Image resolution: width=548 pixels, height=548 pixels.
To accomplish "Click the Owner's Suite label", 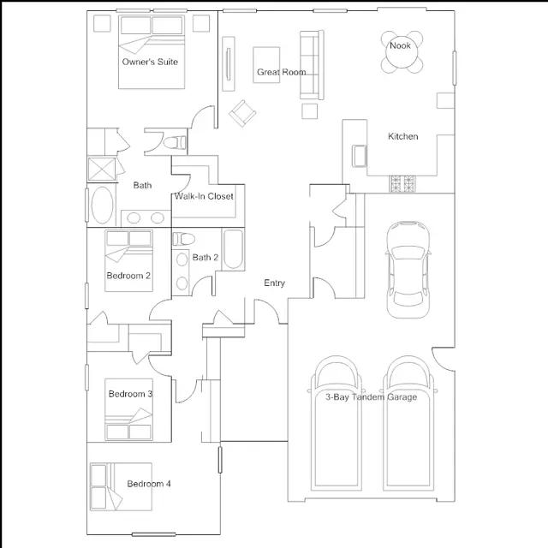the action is click(x=150, y=62).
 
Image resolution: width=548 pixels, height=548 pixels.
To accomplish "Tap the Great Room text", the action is click(x=282, y=72).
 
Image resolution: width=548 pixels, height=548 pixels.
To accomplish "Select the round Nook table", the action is click(x=402, y=52).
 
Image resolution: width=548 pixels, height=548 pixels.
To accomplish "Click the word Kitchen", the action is click(x=403, y=136).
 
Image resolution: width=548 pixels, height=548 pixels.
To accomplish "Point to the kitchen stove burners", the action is click(x=402, y=184).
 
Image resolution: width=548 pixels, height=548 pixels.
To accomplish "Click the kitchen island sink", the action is click(x=360, y=156).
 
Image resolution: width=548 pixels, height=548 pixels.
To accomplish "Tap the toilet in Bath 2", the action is click(x=183, y=239).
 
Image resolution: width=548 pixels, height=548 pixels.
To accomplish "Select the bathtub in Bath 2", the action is click(x=233, y=249).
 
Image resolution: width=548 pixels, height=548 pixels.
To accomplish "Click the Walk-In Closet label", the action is click(x=204, y=196).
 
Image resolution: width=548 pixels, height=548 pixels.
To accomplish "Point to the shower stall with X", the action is click(x=102, y=170).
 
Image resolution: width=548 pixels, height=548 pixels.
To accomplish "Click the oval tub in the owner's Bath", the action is click(x=102, y=205).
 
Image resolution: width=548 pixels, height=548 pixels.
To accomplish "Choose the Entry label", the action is click(x=274, y=283).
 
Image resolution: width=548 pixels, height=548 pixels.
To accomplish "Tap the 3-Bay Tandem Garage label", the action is click(x=371, y=397).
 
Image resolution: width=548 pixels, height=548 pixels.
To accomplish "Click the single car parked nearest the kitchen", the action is click(x=408, y=270).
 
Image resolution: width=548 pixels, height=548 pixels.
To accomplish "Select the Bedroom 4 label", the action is click(x=149, y=484).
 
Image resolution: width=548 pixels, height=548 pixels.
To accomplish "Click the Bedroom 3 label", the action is click(x=130, y=394).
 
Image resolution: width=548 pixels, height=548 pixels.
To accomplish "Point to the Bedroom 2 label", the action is click(x=128, y=276).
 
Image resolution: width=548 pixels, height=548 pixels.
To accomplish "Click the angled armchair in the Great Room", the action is click(x=242, y=114).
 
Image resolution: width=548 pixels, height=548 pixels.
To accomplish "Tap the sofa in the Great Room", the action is click(x=312, y=65).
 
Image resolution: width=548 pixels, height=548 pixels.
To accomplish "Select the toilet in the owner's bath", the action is click(x=175, y=142).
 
